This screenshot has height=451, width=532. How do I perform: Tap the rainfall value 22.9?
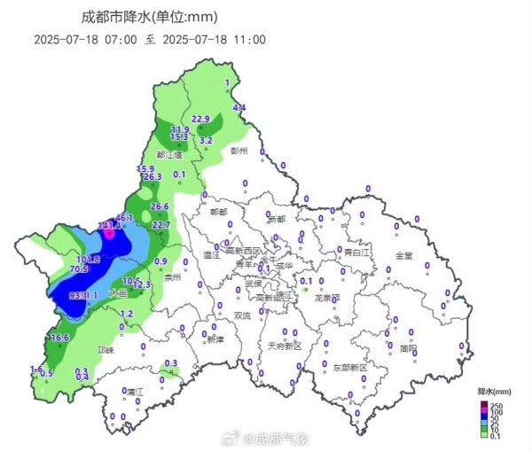(200, 119)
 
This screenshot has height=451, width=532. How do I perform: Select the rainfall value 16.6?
(60, 338)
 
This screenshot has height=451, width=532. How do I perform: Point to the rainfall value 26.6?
(160, 206)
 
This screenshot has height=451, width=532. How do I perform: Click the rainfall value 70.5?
(78, 268)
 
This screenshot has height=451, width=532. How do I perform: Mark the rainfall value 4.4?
(239, 107)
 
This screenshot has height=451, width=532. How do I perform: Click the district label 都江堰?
(168, 154)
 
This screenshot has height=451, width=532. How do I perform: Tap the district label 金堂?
(404, 255)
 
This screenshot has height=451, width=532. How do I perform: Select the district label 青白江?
(356, 252)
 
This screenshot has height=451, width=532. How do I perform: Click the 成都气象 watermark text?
(283, 438)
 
